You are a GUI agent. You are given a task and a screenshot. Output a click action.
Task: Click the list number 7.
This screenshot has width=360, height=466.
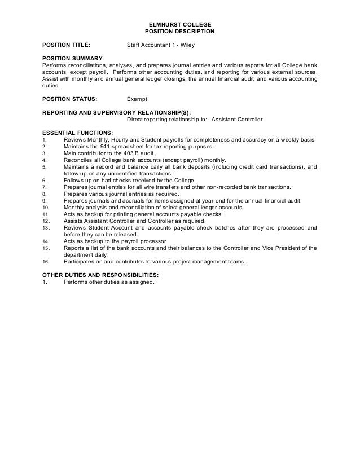[x=44, y=187]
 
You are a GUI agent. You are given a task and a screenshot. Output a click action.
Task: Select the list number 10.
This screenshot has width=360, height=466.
[x=45, y=207]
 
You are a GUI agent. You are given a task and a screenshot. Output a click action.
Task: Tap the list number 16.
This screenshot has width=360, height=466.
[x=45, y=261]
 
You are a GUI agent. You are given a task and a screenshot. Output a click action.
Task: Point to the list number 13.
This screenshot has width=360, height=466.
[x=45, y=227]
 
